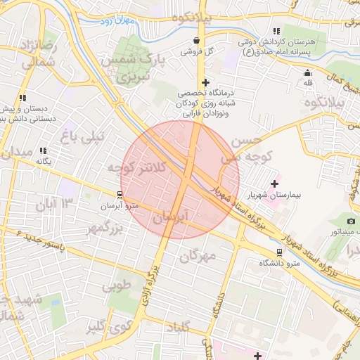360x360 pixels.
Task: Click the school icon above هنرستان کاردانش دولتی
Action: pos(276,32)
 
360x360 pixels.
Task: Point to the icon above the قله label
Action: pos(307,73)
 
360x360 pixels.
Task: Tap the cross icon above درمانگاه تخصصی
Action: pos(205,83)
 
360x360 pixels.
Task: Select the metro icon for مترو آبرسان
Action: pos(122,195)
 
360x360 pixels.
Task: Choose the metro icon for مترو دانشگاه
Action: pos(279,252)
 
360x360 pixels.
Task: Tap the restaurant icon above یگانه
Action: pos(43,150)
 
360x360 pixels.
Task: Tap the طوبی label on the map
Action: pos(116,286)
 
